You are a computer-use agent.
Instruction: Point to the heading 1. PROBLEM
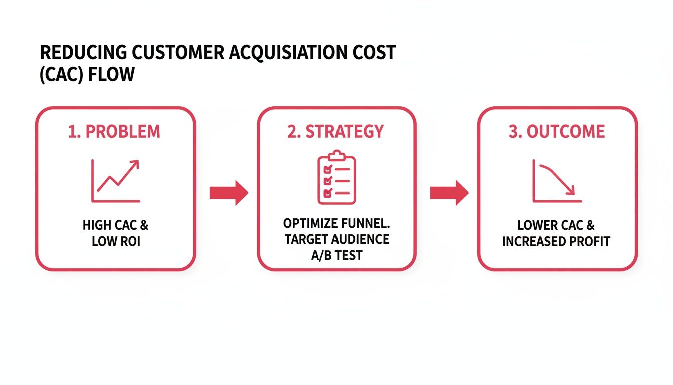pyautogui.click(x=115, y=132)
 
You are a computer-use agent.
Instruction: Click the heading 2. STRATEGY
pyautogui.click(x=336, y=132)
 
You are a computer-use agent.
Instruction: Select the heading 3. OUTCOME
pyautogui.click(x=557, y=132)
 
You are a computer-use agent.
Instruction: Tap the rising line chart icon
pyautogui.click(x=116, y=180)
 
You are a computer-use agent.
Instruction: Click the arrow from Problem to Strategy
pyautogui.click(x=228, y=192)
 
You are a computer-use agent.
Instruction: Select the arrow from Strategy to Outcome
pyautogui.click(x=449, y=192)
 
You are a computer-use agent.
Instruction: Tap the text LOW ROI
pyautogui.click(x=116, y=241)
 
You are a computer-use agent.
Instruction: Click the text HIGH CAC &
pyautogui.click(x=116, y=225)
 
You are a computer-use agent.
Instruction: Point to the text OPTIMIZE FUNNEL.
pyautogui.click(x=337, y=223)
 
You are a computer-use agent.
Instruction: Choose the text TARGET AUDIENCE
pyautogui.click(x=337, y=239)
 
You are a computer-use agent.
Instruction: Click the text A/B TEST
pyautogui.click(x=337, y=255)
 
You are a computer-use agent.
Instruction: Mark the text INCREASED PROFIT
pyautogui.click(x=556, y=241)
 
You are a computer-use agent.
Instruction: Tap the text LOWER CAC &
pyautogui.click(x=556, y=225)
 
